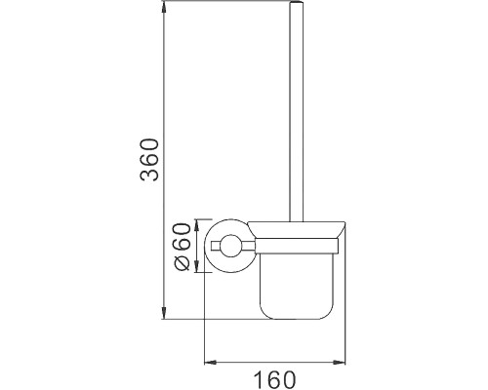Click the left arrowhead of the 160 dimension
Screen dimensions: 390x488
coord(208,362)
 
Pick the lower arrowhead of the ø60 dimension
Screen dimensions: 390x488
coord(199,272)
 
